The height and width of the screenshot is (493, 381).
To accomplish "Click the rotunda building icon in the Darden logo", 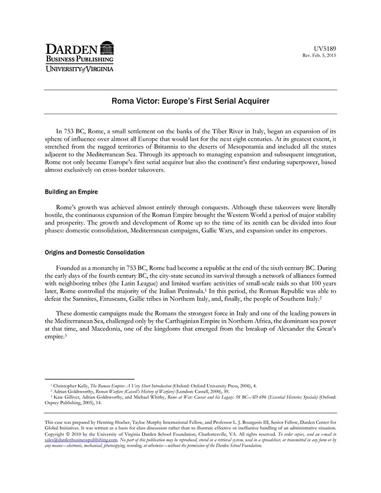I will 107,47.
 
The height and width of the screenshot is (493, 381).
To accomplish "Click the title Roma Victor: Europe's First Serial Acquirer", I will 190,101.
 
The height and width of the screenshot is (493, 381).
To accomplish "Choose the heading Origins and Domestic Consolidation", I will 94,252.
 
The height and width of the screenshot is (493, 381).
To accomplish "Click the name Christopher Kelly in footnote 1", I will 71,385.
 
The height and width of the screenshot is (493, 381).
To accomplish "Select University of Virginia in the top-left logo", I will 79,69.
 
